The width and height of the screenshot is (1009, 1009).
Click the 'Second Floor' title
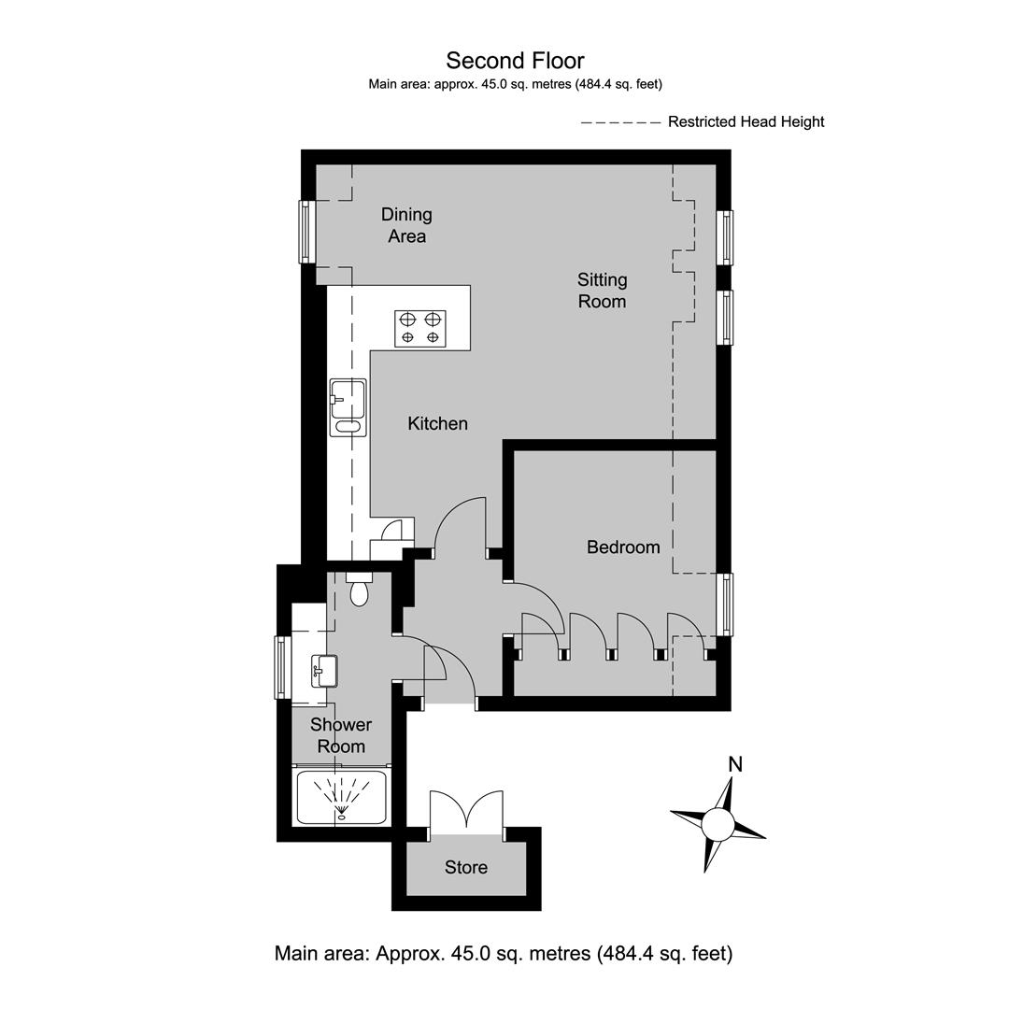tap(515, 61)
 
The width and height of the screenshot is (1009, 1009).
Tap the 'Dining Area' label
tap(406, 225)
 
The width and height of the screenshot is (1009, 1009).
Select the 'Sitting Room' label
tap(602, 291)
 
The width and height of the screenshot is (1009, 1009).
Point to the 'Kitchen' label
tap(437, 423)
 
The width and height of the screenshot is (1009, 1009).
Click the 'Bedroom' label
tap(623, 547)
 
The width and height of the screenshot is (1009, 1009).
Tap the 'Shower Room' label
tap(341, 735)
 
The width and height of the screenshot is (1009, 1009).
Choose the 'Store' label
tap(466, 867)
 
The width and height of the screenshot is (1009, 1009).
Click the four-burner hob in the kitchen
tap(420, 328)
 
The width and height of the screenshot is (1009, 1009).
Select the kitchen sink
tap(348, 407)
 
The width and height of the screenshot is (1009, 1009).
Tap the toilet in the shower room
tap(359, 589)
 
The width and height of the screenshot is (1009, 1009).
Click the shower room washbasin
tap(324, 671)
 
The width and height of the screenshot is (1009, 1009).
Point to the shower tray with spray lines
tap(342, 797)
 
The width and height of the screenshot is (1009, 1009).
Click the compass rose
tap(718, 824)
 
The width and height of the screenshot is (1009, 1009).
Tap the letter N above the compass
tap(735, 764)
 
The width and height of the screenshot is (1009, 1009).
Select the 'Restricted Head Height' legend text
tap(746, 121)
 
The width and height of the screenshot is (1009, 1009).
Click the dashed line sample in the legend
tap(621, 122)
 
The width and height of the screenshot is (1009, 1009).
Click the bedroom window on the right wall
tap(725, 604)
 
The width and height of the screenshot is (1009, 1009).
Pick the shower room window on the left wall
tap(282, 667)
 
